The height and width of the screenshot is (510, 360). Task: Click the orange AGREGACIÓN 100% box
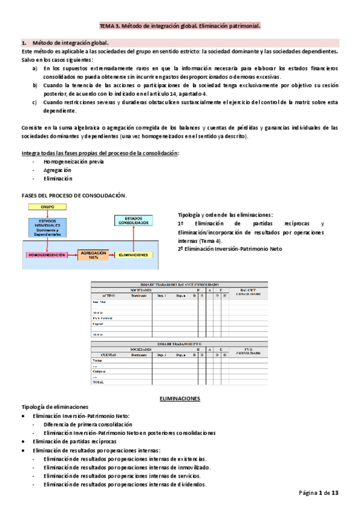coord(93,254)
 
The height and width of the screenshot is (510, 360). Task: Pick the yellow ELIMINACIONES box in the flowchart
coord(133,255)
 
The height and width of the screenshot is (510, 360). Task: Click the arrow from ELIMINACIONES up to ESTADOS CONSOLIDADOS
coord(133,239)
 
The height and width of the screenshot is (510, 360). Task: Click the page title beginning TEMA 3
coord(180,26)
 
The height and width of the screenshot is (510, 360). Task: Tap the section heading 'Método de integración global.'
coord(70,43)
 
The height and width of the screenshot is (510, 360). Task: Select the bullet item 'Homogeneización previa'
coord(69,162)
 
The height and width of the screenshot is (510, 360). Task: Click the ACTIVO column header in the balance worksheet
coord(108,296)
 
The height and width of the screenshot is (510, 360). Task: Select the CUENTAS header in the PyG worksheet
coord(108,355)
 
